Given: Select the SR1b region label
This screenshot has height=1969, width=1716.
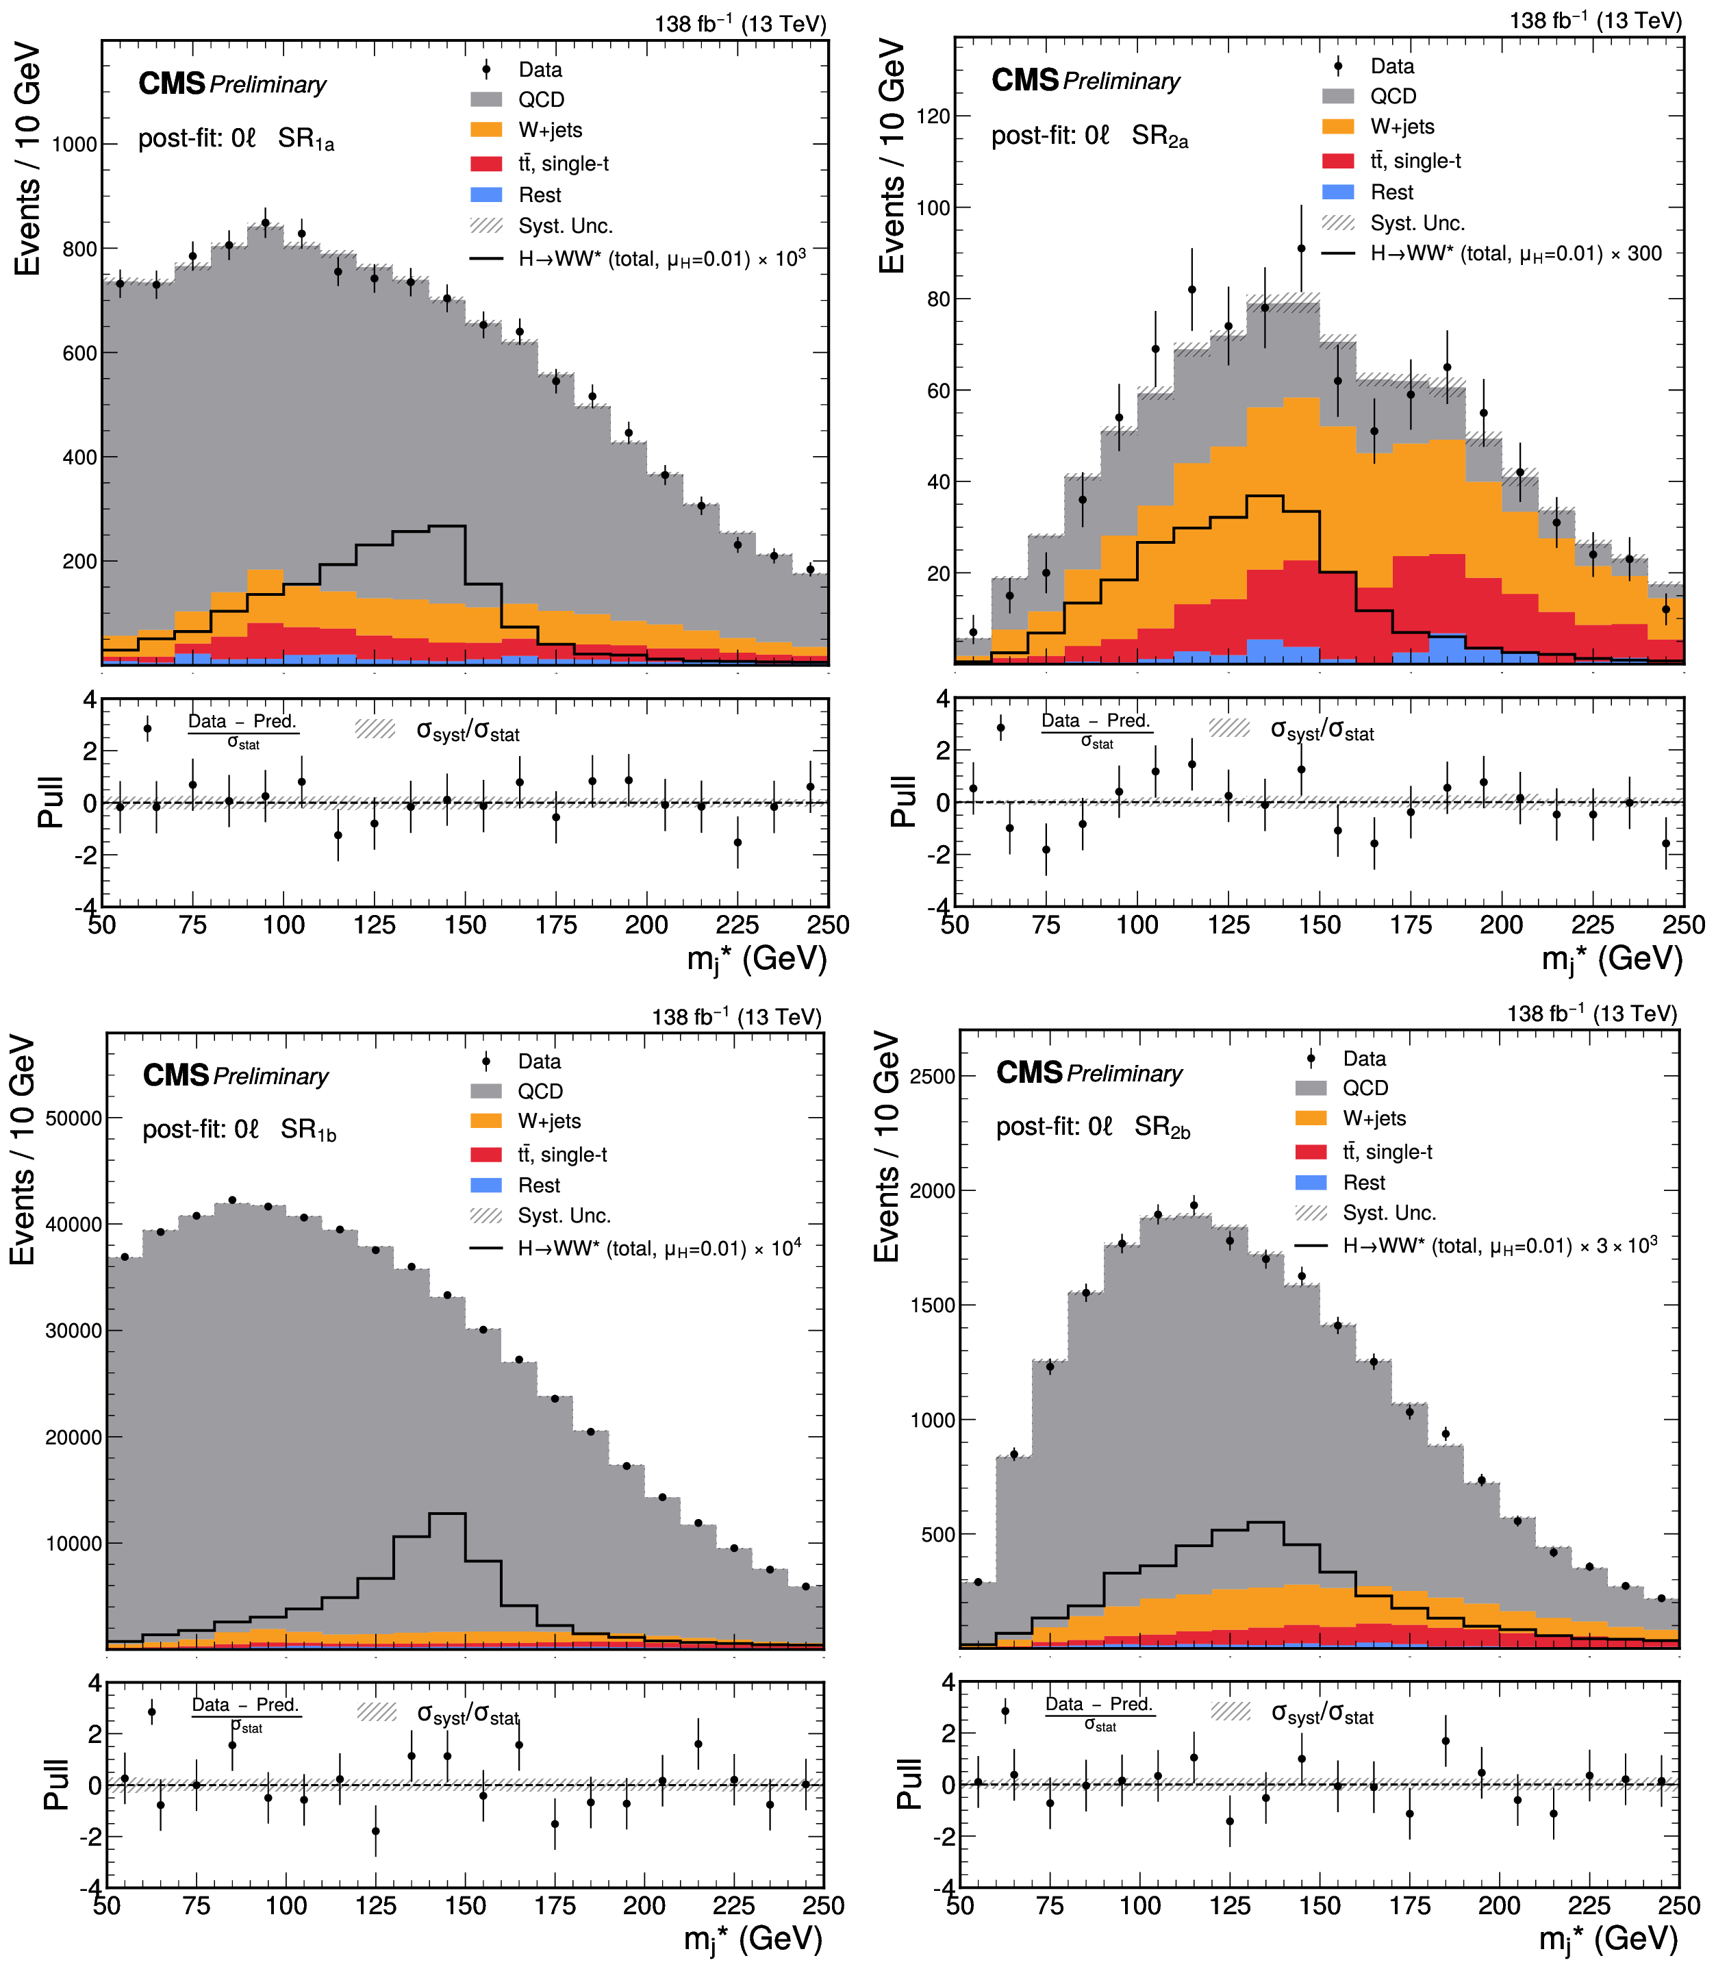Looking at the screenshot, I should pyautogui.click(x=308, y=1130).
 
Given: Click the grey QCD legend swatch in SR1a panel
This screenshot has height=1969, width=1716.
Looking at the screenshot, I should pyautogui.click(x=486, y=99).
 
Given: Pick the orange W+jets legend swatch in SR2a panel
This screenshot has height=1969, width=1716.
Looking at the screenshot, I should pyautogui.click(x=1338, y=127).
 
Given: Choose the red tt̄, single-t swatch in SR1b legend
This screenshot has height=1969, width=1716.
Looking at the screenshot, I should pyautogui.click(x=486, y=1155).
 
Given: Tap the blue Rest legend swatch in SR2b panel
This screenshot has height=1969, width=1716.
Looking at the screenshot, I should pyautogui.click(x=1311, y=1183).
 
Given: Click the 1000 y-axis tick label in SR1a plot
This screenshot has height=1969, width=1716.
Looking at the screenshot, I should pyautogui.click(x=75, y=145).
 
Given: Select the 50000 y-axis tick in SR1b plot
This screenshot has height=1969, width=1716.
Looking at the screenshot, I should pyautogui.click(x=74, y=1118).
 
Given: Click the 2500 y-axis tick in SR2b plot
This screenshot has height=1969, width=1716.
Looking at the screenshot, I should pyautogui.click(x=933, y=1077).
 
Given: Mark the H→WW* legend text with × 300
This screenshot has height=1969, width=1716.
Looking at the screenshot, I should pyautogui.click(x=1516, y=254).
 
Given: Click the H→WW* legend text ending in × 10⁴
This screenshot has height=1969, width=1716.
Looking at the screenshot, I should pyautogui.click(x=659, y=1248).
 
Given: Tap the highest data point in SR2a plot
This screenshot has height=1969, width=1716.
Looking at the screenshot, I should pyautogui.click(x=1301, y=249).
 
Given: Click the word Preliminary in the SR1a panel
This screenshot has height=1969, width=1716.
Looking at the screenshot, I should pyautogui.click(x=268, y=85).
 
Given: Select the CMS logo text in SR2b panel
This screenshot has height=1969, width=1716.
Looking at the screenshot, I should pyautogui.click(x=1029, y=1073).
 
